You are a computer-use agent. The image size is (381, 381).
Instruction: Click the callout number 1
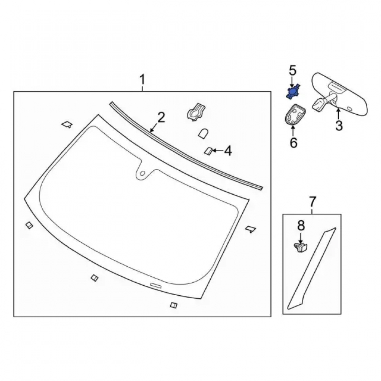(142, 80)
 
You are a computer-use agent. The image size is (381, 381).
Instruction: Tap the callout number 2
(161, 117)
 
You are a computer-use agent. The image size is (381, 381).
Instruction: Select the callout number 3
(339, 126)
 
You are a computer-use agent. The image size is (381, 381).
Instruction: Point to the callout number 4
(228, 151)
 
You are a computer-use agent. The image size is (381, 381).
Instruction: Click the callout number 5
(293, 70)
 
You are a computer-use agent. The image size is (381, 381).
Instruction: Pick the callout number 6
(293, 142)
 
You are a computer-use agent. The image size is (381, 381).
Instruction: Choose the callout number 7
(312, 202)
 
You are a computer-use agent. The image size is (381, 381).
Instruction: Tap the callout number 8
(301, 226)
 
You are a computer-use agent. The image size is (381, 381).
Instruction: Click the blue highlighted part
(293, 91)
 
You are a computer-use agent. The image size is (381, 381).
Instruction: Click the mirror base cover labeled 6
(294, 114)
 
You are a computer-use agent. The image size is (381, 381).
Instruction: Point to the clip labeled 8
(301, 248)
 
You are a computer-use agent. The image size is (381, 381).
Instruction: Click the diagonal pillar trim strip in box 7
(312, 269)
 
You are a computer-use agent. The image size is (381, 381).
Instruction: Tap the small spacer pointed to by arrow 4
(208, 151)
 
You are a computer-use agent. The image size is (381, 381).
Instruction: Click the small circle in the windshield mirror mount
(142, 173)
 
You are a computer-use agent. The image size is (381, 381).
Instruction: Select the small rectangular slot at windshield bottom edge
(156, 285)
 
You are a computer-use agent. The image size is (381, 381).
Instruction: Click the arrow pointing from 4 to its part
(218, 151)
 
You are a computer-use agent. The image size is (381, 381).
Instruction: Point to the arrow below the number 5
(293, 82)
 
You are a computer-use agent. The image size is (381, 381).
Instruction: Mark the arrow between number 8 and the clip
(301, 238)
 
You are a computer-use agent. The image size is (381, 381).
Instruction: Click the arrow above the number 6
(293, 131)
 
